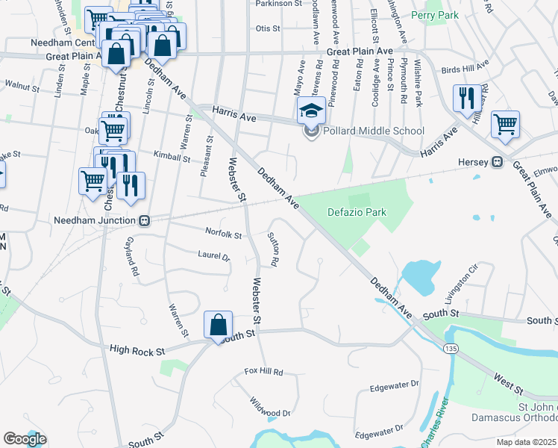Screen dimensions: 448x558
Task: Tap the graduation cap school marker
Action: click(311, 111)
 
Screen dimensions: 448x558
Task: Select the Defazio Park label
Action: click(357, 212)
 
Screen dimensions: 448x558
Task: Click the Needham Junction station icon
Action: click(145, 221)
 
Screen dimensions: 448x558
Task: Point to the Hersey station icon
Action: click(495, 162)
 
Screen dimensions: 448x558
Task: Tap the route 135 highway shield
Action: click(449, 349)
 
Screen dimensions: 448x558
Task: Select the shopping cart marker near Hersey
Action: click(505, 125)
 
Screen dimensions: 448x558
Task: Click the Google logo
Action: click(25, 439)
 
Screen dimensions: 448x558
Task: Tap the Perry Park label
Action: click(433, 14)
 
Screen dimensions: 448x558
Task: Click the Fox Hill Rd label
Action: click(264, 371)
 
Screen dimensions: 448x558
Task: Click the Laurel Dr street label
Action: click(215, 255)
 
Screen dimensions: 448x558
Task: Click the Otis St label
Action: click(267, 28)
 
